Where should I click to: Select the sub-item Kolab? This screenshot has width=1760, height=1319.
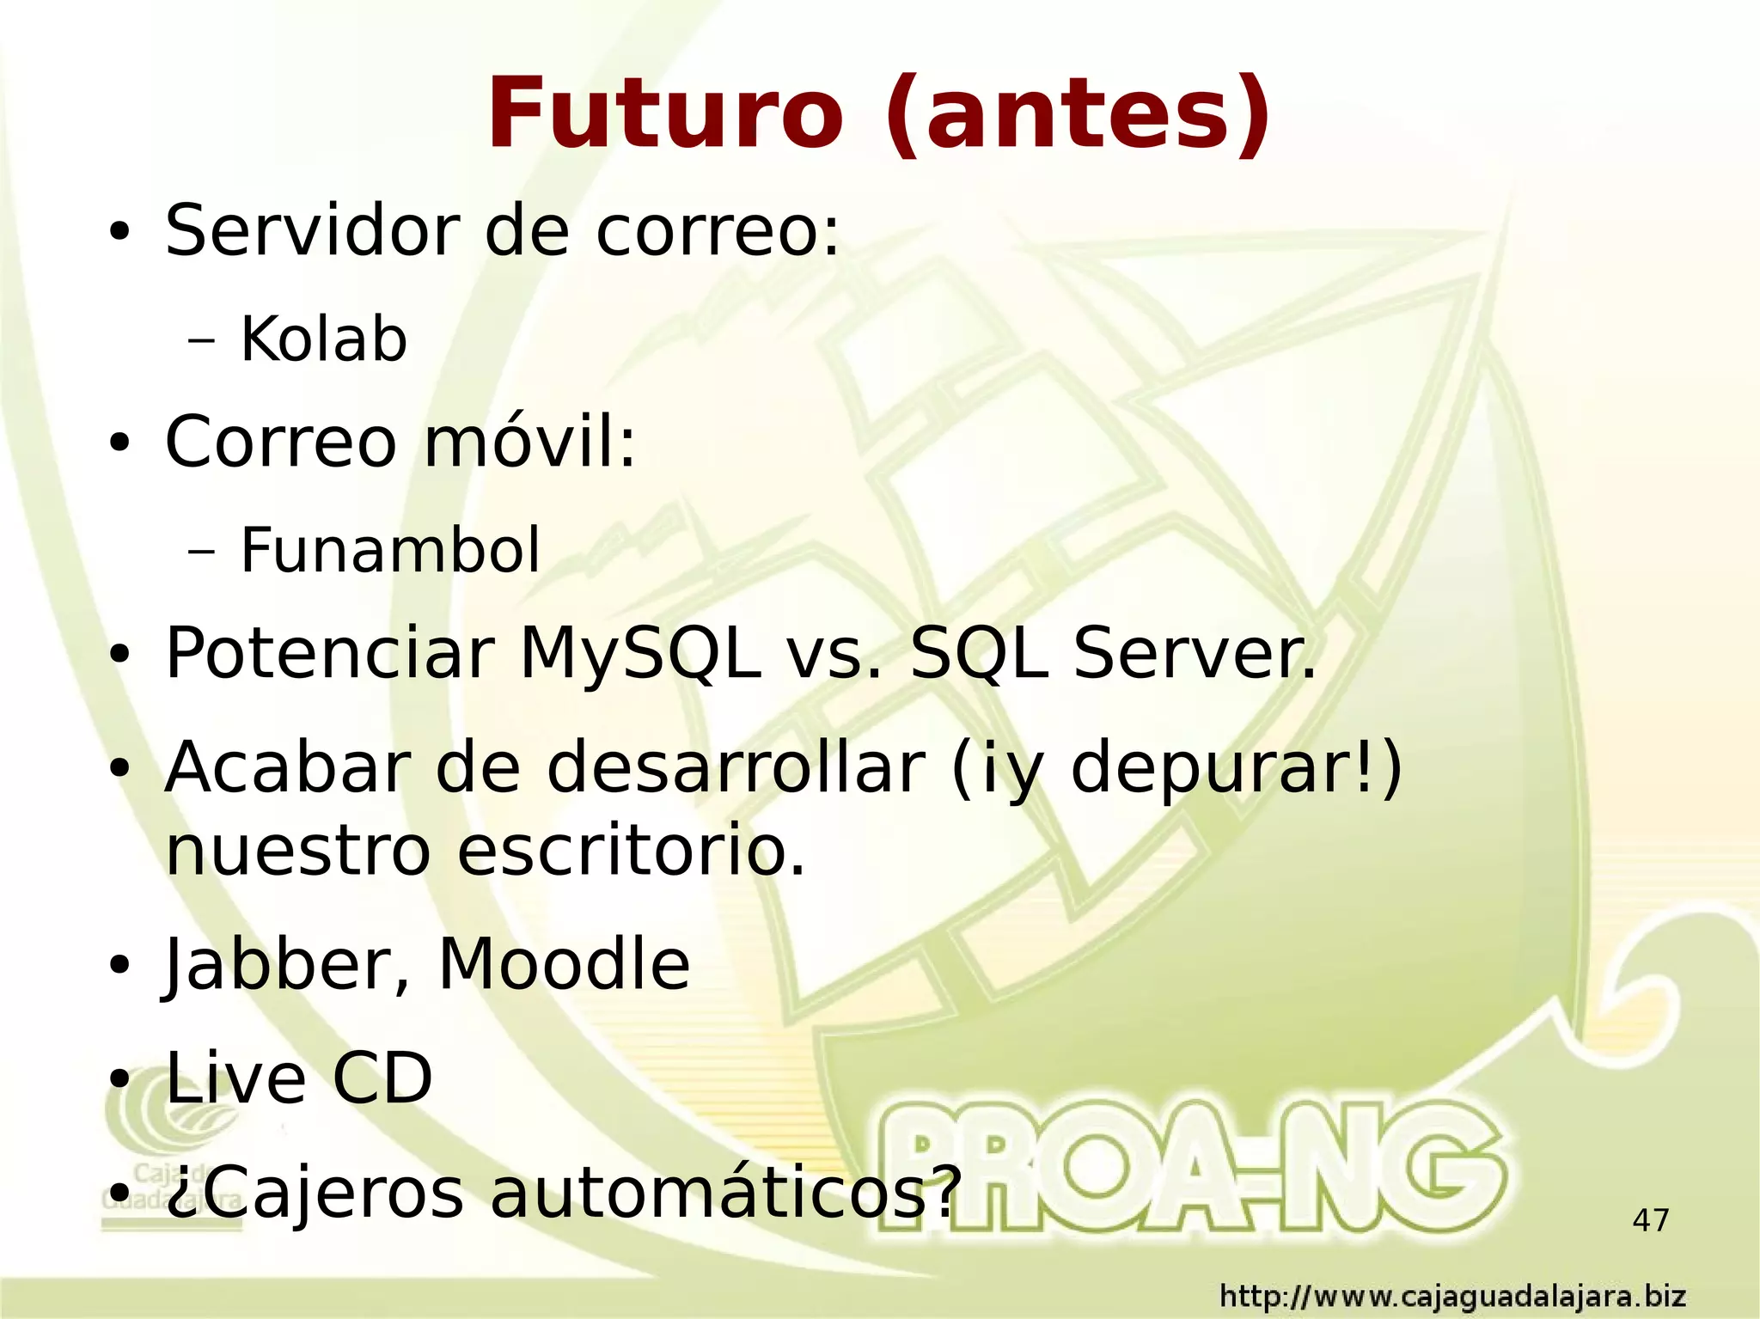point(323,339)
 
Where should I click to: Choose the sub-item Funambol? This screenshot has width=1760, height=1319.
point(390,550)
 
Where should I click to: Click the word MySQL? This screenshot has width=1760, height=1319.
point(639,654)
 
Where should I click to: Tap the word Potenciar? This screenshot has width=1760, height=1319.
point(329,654)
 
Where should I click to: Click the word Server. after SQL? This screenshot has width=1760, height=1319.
point(1195,654)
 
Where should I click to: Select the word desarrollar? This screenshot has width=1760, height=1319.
point(736,767)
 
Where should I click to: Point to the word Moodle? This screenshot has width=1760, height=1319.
point(564,964)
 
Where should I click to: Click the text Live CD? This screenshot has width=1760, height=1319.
point(298,1078)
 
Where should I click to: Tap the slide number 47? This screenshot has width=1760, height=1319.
point(1650,1220)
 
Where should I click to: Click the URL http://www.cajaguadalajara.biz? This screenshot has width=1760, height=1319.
point(1452,1296)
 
